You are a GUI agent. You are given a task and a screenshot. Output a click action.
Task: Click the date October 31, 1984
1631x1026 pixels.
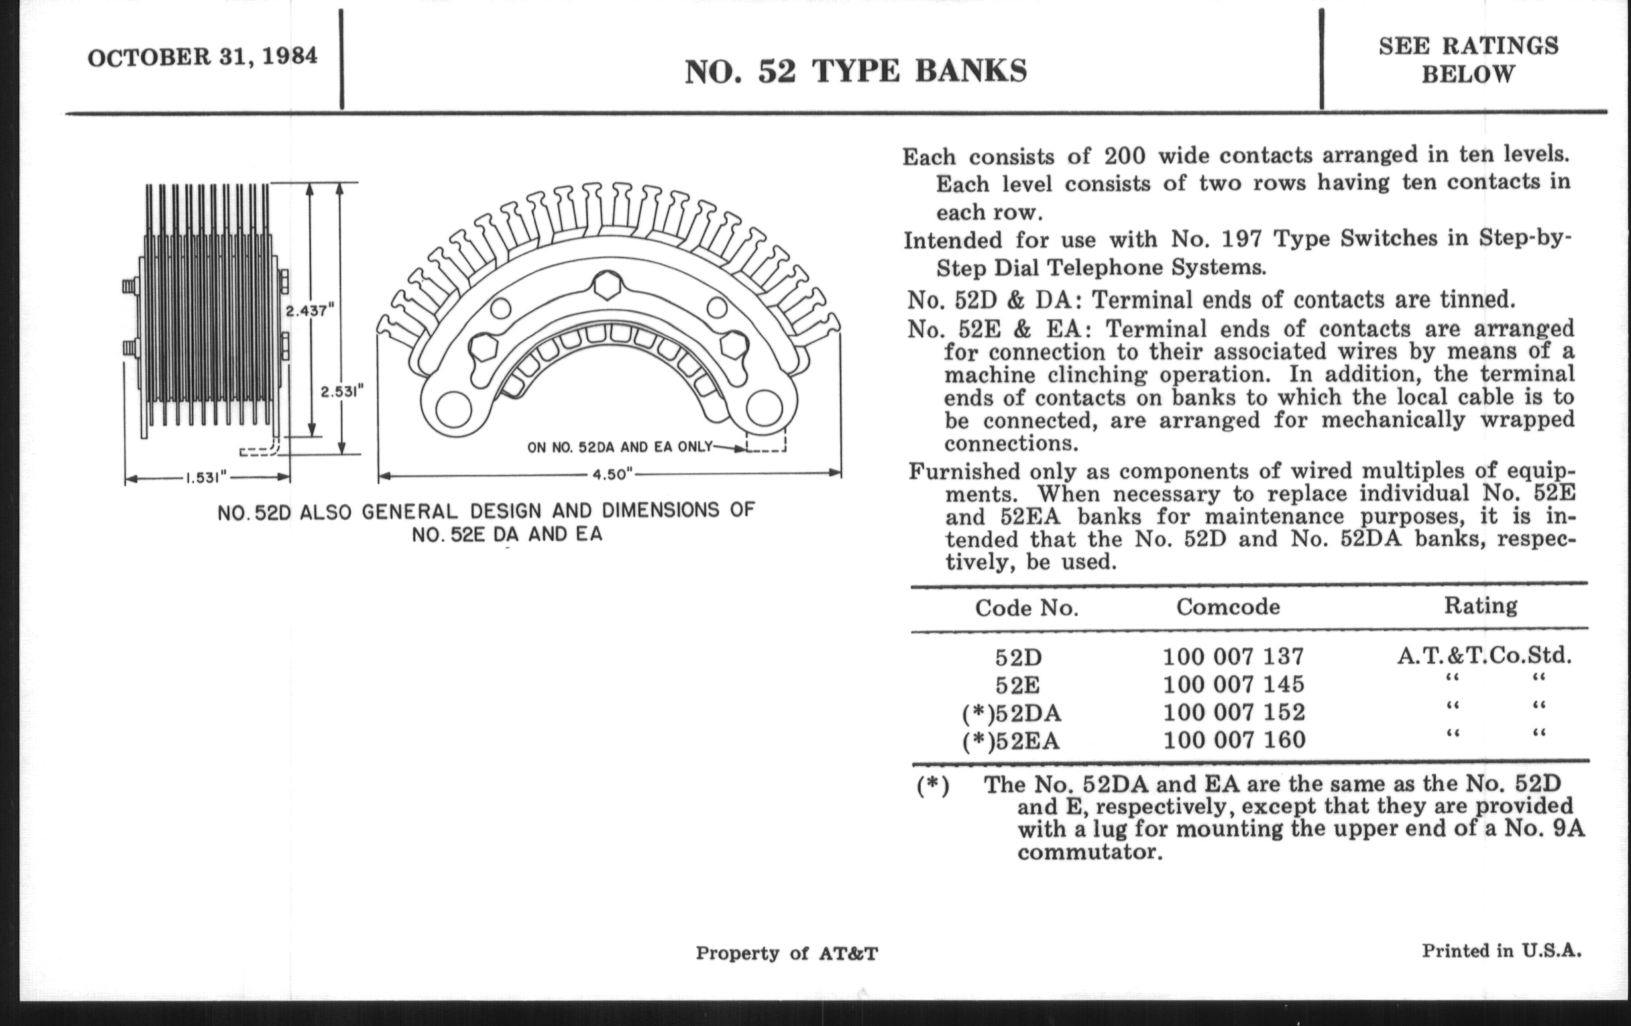pyautogui.click(x=202, y=57)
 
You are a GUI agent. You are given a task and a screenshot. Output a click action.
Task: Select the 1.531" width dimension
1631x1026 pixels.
pyautogui.click(x=206, y=478)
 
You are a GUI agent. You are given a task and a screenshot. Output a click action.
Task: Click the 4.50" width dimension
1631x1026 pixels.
pyautogui.click(x=612, y=474)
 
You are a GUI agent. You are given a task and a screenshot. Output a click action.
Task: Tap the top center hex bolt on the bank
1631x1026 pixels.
pyautogui.click(x=606, y=287)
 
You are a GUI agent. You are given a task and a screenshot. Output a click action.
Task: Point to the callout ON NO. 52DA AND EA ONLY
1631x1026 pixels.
pyautogui.click(x=619, y=447)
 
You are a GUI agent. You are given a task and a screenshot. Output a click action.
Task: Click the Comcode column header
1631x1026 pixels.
pyautogui.click(x=1227, y=606)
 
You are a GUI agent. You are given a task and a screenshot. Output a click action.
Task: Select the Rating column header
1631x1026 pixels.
pyautogui.click(x=1480, y=605)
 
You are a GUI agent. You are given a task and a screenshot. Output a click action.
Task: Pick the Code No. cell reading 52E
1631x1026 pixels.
pyautogui.click(x=1017, y=685)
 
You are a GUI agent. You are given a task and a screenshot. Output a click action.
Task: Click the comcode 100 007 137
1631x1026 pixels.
pyautogui.click(x=1233, y=657)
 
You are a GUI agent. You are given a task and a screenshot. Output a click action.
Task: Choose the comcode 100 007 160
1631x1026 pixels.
pyautogui.click(x=1233, y=740)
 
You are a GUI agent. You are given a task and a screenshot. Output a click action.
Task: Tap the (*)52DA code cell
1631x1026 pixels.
pyautogui.click(x=1011, y=713)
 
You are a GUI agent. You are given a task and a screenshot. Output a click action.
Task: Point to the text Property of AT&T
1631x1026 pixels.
pyautogui.click(x=787, y=954)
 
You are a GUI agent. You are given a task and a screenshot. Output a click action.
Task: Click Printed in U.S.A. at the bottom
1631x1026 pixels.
pyautogui.click(x=1501, y=951)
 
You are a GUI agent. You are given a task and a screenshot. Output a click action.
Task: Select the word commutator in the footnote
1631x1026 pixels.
pyautogui.click(x=1089, y=851)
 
